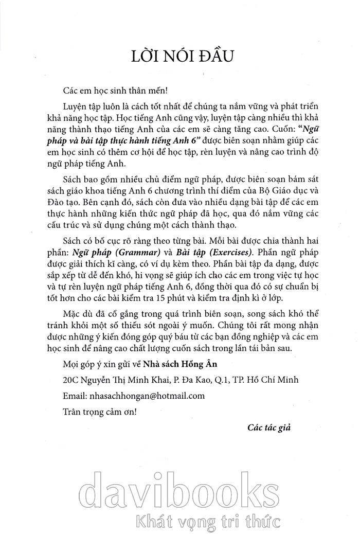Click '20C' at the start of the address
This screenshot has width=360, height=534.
[69, 380]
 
